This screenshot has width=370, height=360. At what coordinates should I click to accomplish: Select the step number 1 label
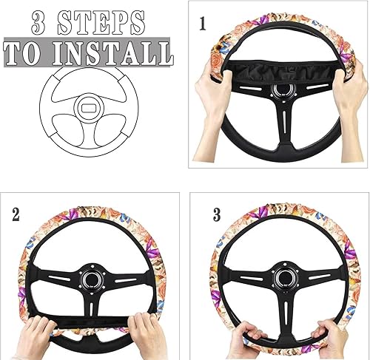pos(203,24)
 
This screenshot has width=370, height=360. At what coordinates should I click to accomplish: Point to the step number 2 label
pos(16,216)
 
